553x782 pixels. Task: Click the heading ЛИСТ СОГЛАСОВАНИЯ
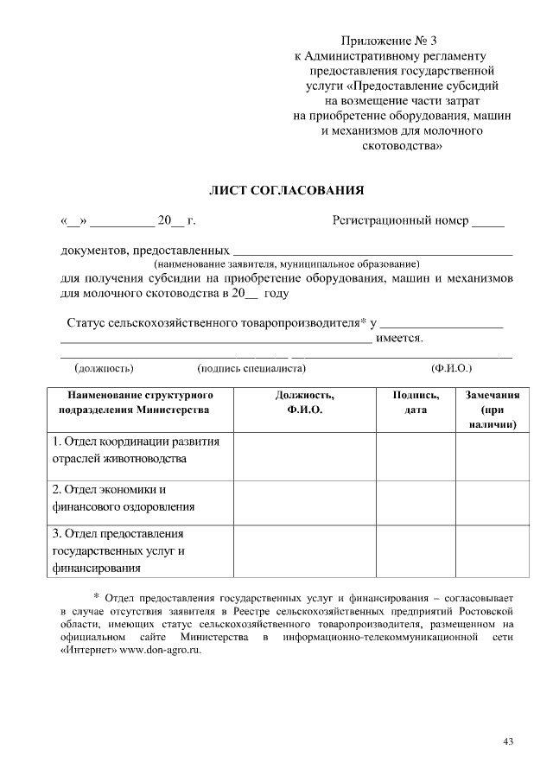point(287,189)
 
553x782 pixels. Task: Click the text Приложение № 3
point(390,41)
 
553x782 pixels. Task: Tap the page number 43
point(508,741)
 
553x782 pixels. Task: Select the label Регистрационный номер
point(400,220)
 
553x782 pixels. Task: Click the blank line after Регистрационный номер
point(488,223)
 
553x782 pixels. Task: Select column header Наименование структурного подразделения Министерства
point(134,402)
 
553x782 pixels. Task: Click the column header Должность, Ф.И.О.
point(304,402)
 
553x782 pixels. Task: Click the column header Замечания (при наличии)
point(493,410)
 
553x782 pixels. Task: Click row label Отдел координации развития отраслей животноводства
point(137,449)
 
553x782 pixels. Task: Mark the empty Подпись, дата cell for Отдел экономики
point(416,499)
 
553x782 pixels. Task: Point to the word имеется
point(399,338)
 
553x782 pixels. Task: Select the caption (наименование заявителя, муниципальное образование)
point(286,264)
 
